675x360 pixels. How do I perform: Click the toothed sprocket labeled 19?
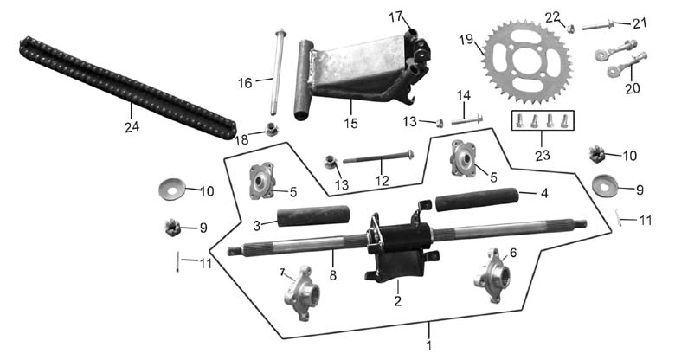pyautogui.click(x=528, y=61)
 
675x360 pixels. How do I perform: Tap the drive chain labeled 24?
pyautogui.click(x=128, y=87)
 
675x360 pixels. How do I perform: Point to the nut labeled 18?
pyautogui.click(x=271, y=129)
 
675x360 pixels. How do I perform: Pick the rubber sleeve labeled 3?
pyautogui.click(x=313, y=215)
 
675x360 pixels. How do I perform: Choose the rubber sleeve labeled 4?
pyautogui.click(x=477, y=199)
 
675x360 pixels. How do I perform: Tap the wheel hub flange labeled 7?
pyautogui.click(x=301, y=292)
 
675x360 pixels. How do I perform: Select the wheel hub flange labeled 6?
pyautogui.click(x=492, y=275)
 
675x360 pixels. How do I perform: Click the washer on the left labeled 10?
pyautogui.click(x=171, y=189)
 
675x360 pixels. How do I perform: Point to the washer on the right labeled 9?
pyautogui.click(x=605, y=185)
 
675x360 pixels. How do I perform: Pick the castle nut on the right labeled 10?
pyautogui.click(x=596, y=154)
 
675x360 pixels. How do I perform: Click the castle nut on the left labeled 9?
pyautogui.click(x=172, y=227)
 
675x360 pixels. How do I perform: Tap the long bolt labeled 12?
pyautogui.click(x=378, y=157)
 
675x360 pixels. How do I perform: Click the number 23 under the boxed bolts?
pyautogui.click(x=543, y=154)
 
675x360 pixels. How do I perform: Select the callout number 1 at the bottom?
pyautogui.click(x=428, y=345)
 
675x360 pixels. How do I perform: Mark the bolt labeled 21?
pyautogui.click(x=599, y=25)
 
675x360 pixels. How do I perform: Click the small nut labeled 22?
pyautogui.click(x=571, y=29)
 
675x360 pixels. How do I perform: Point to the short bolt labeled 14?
pyautogui.click(x=467, y=119)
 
